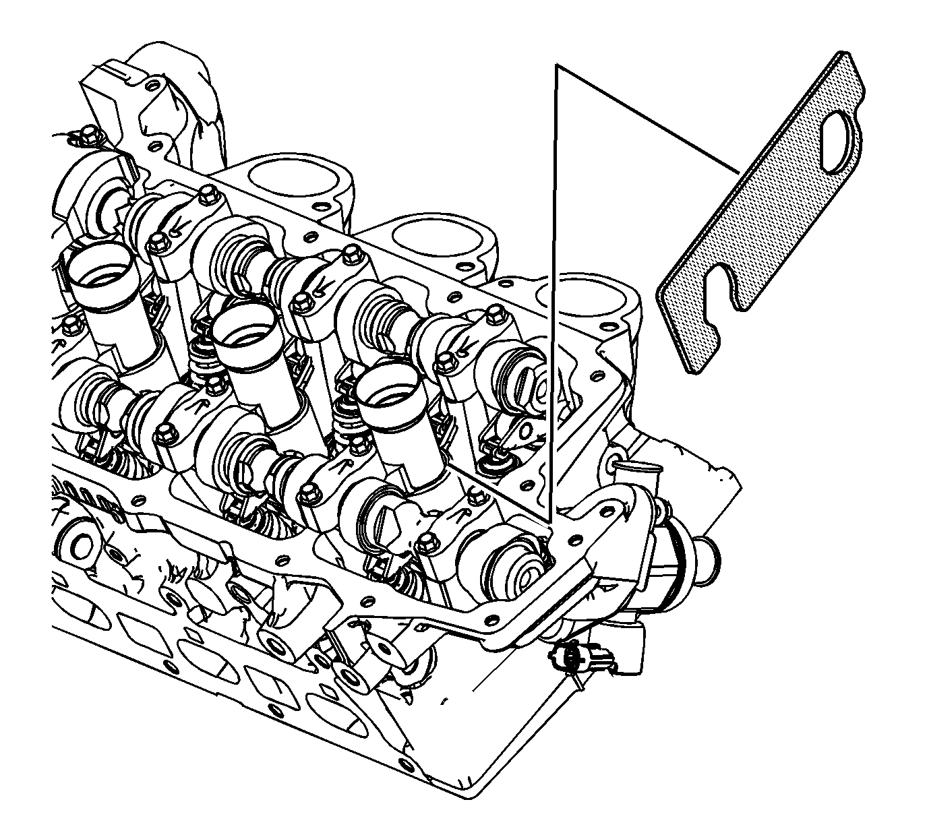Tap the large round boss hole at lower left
78,546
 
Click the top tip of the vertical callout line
556,65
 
